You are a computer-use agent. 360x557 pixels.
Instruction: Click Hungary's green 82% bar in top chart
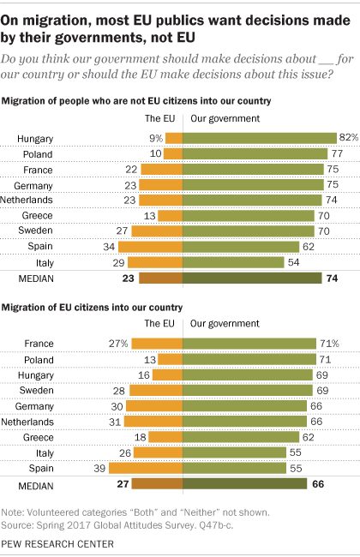point(260,138)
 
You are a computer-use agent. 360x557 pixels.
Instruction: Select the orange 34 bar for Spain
point(151,247)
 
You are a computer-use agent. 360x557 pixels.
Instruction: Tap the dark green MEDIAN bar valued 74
point(252,278)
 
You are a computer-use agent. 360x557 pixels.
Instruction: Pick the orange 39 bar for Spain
point(146,468)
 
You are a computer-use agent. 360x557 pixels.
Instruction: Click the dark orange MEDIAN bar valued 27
point(158,483)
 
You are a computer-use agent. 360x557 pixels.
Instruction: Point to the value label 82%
point(349,137)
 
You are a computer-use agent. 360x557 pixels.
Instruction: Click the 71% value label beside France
point(329,344)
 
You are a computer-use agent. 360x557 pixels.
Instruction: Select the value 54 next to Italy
point(293,262)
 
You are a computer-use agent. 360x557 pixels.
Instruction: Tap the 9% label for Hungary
point(156,138)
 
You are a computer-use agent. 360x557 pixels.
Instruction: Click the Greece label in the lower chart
point(39,437)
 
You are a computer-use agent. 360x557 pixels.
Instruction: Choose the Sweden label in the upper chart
point(35,231)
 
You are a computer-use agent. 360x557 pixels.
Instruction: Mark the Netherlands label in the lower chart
point(27,422)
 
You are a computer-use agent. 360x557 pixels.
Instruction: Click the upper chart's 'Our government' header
point(225,118)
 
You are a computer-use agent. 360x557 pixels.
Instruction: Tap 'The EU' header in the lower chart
point(159,323)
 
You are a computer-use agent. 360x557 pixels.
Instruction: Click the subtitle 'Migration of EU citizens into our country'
point(92,308)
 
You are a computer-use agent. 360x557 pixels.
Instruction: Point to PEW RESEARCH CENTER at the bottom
point(57,544)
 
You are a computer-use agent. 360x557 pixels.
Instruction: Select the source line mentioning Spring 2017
point(117,525)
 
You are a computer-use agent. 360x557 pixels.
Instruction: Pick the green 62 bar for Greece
point(241,437)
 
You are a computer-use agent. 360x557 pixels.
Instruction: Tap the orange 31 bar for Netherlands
point(153,422)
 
